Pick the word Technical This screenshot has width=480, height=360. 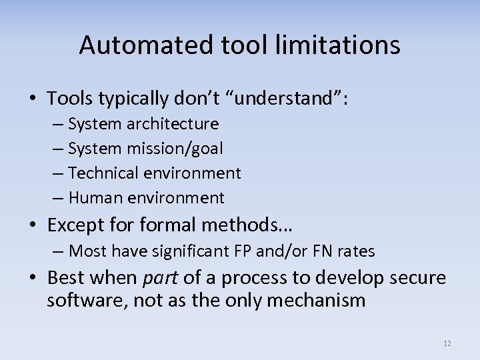click(x=101, y=173)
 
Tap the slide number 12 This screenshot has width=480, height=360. click(x=447, y=343)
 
